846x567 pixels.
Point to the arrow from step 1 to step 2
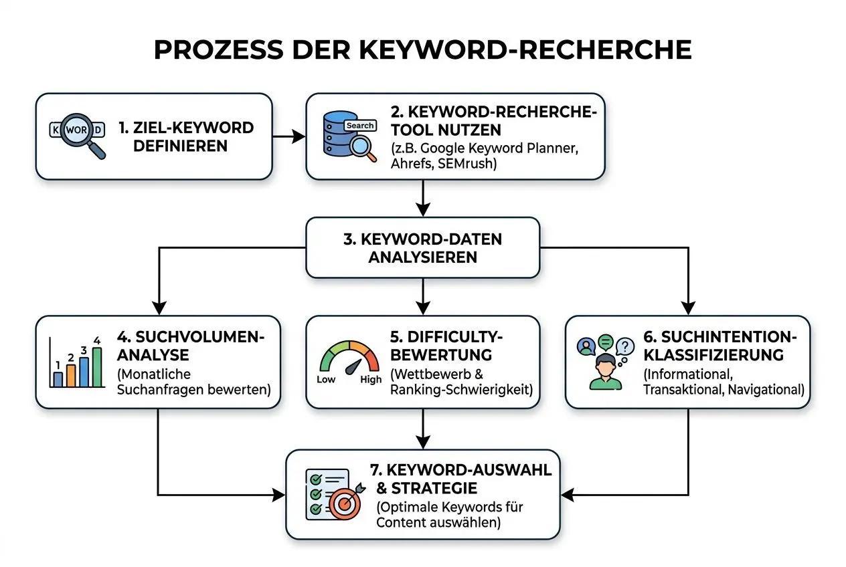288,136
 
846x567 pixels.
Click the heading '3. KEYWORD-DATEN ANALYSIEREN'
422,247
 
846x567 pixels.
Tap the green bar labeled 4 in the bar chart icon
97,367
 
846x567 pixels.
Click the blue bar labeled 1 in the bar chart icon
58,379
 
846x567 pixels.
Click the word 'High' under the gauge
371,379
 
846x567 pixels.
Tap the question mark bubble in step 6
625,346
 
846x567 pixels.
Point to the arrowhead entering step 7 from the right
566,495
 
